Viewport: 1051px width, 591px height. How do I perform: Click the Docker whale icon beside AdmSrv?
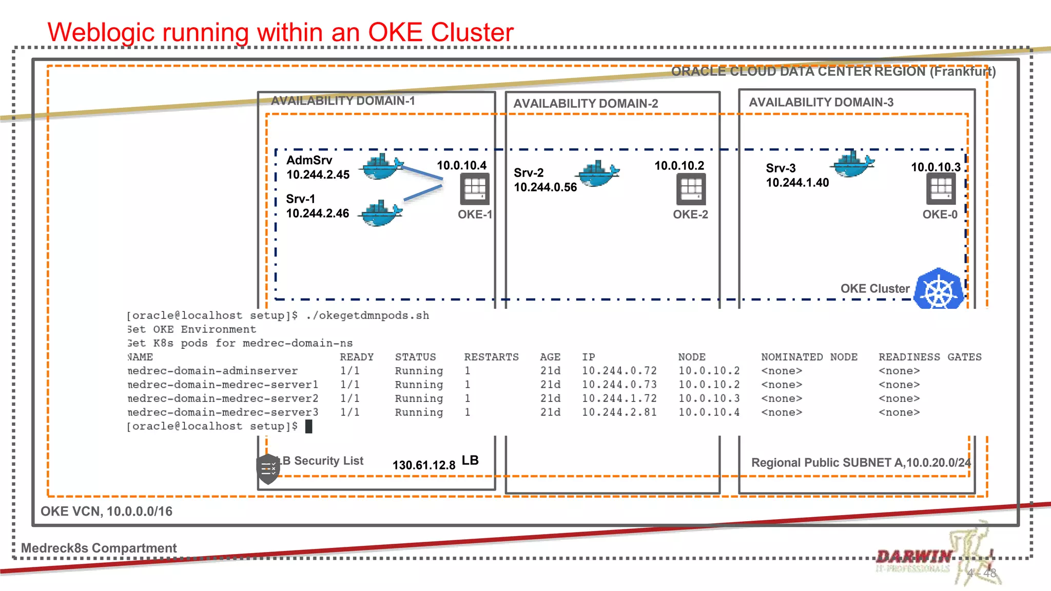[381, 167]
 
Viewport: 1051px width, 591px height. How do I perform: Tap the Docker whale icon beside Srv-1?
[380, 213]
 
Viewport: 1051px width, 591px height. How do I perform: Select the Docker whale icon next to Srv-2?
[598, 174]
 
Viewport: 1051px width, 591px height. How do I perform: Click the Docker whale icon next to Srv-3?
[852, 164]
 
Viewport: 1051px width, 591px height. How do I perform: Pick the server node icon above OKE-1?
[474, 189]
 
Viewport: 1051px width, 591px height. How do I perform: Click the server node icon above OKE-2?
[691, 189]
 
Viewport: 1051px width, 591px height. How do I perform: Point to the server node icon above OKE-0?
[941, 189]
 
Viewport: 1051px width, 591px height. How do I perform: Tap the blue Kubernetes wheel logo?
[939, 290]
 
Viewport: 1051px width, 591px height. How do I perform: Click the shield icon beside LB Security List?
[267, 468]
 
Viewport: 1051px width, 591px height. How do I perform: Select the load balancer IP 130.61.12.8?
[424, 465]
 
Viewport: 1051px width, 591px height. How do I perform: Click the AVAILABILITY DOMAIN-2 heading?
[586, 104]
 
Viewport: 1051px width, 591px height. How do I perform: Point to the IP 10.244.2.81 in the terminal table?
[619, 412]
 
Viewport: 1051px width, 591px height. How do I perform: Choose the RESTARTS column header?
[491, 357]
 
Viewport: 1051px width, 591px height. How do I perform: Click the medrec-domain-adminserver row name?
[212, 371]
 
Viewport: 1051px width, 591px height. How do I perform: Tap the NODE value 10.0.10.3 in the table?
[709, 399]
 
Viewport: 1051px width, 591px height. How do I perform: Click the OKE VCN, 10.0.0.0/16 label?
[106, 511]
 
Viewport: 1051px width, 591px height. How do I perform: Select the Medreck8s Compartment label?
[99, 548]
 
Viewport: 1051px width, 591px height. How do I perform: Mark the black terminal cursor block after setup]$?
[308, 426]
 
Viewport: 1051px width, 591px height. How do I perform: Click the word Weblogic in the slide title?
[101, 32]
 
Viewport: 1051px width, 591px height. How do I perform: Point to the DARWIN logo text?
[914, 557]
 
